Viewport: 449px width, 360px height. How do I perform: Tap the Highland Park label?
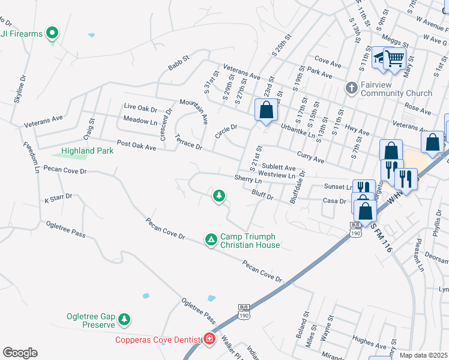[87, 151]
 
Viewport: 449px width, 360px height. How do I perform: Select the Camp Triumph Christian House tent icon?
[211, 240]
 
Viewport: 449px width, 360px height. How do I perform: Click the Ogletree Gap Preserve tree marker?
[124, 319]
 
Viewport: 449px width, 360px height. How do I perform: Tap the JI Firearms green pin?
[52, 33]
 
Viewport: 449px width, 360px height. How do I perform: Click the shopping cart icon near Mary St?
[394, 58]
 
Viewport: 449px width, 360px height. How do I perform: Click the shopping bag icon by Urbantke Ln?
[267, 110]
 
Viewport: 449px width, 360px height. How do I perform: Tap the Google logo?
[20, 353]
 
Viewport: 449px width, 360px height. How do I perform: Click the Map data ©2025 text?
[424, 355]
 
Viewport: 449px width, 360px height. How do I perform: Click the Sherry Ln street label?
[249, 179]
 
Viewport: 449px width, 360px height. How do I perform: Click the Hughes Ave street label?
[369, 339]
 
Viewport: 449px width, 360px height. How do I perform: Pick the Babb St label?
[178, 63]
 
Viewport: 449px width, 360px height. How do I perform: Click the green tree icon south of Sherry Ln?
[220, 196]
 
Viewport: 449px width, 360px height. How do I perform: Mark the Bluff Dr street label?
[262, 196]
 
